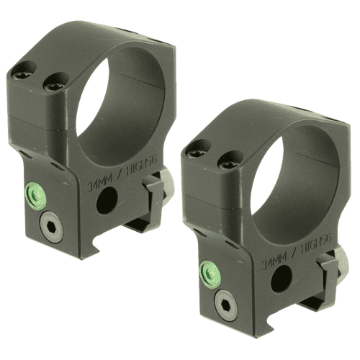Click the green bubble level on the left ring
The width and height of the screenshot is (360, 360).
click(35, 192)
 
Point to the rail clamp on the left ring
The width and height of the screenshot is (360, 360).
click(160, 194)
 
